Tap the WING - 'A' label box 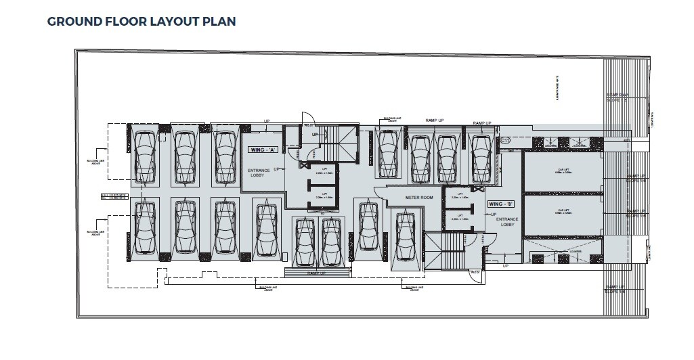tap(258, 149)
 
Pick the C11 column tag tap(505, 140)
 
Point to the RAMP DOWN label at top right tap(616, 97)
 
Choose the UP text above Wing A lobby tap(267, 122)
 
